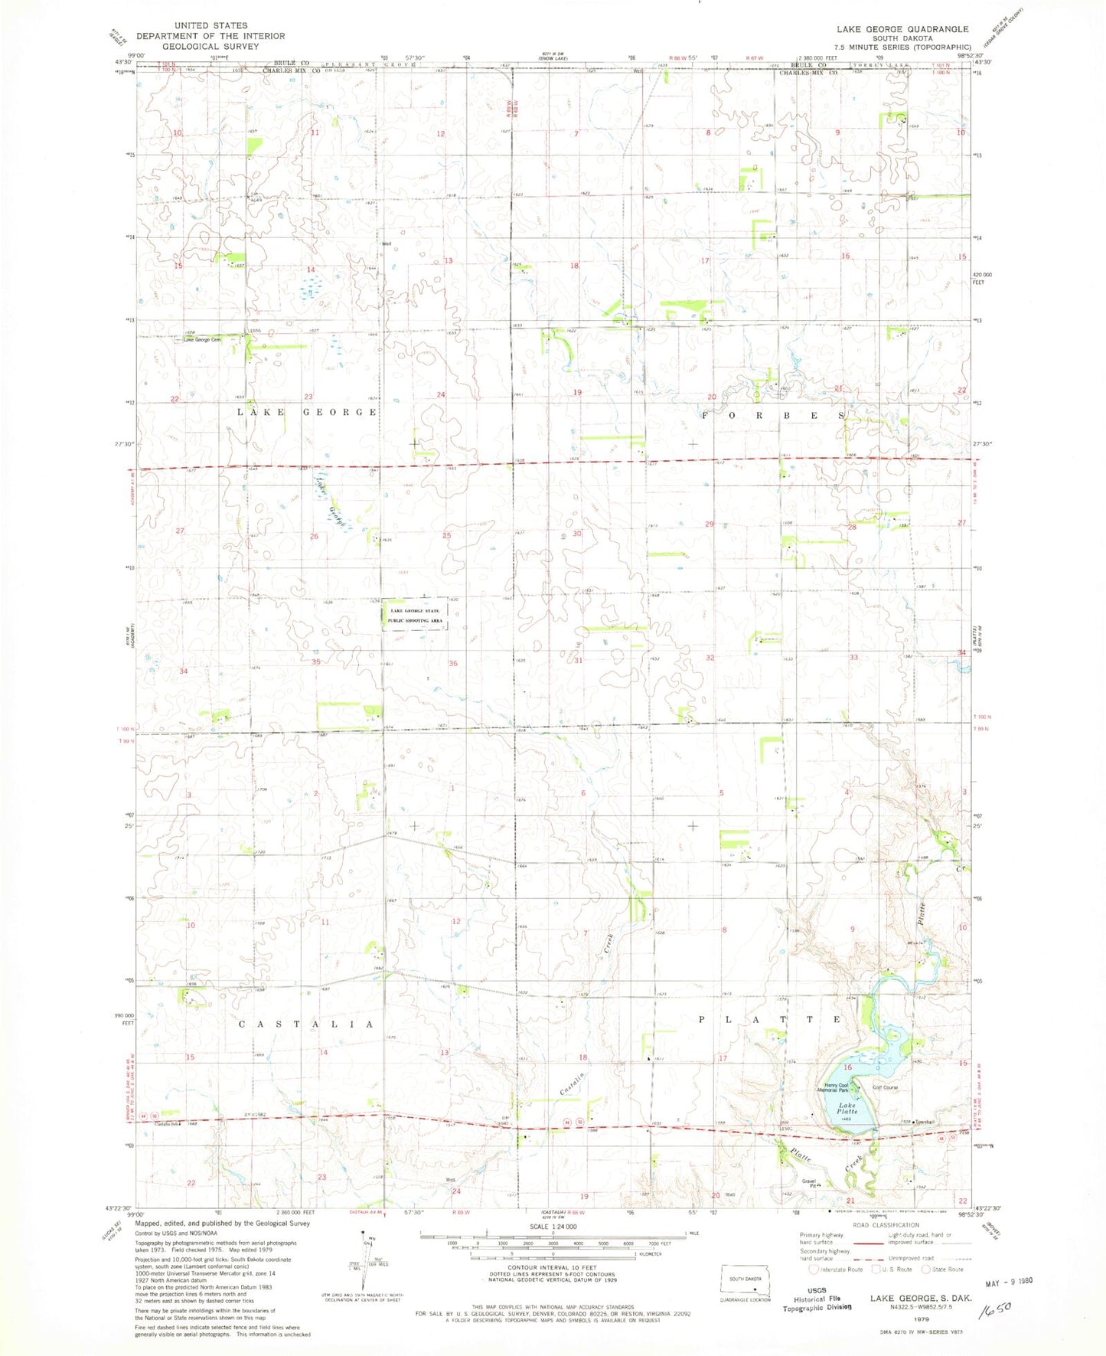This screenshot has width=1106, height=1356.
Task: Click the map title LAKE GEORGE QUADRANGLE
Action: coord(902,29)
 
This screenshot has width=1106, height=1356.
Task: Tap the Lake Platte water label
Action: coord(846,1108)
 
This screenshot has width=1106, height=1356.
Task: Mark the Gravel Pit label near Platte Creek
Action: coord(810,1183)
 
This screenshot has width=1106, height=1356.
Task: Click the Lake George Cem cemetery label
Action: coord(201,340)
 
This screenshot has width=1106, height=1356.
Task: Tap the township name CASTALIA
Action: coord(307,1024)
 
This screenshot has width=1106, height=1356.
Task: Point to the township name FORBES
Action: coord(773,415)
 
